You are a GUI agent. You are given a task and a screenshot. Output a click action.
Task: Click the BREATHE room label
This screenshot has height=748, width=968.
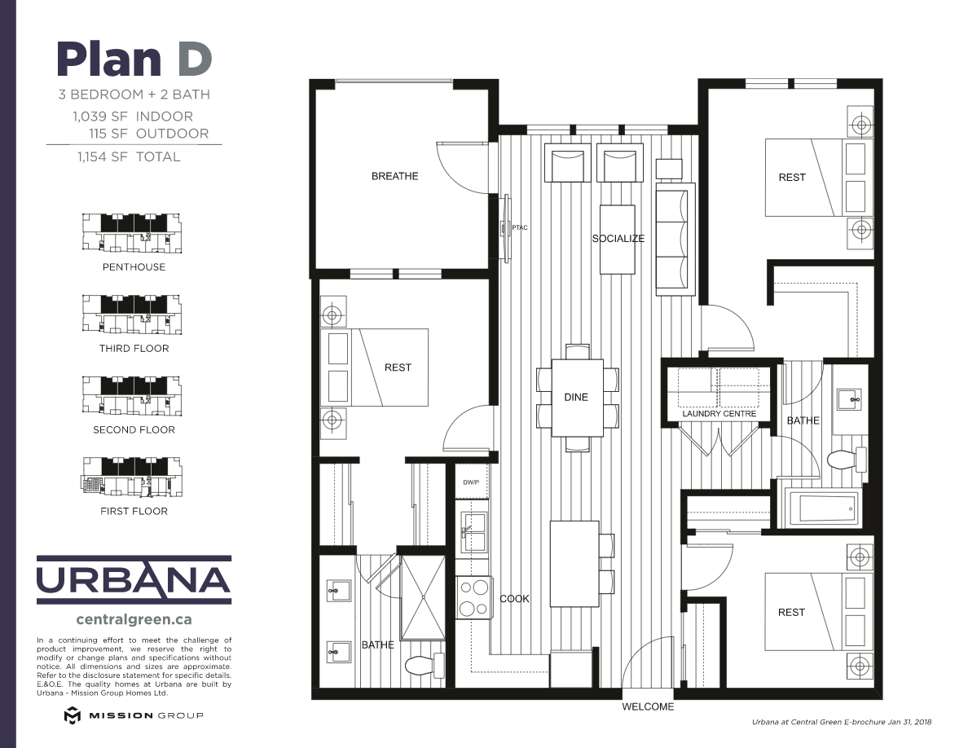click(x=394, y=176)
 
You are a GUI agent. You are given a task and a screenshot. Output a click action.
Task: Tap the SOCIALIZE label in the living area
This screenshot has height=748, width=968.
click(x=618, y=239)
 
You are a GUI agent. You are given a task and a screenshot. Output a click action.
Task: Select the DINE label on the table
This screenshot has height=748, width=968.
click(x=576, y=398)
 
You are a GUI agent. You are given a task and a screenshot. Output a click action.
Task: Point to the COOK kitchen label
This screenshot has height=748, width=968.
click(x=514, y=599)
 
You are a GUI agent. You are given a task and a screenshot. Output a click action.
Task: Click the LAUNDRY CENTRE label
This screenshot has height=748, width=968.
click(x=719, y=414)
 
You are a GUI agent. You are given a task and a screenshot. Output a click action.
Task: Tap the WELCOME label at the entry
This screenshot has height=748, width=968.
click(x=648, y=706)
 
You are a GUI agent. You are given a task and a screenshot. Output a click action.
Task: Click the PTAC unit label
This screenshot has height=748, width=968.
click(x=520, y=227)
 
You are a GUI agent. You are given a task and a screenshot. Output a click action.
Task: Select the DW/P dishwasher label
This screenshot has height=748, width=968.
click(x=471, y=482)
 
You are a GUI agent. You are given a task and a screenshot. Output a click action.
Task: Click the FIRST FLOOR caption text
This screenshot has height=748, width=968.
click(x=134, y=511)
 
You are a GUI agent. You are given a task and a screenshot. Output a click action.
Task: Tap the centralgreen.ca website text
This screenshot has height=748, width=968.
click(x=134, y=619)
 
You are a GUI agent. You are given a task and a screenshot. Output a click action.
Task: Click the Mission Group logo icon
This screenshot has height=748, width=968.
click(x=73, y=715)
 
